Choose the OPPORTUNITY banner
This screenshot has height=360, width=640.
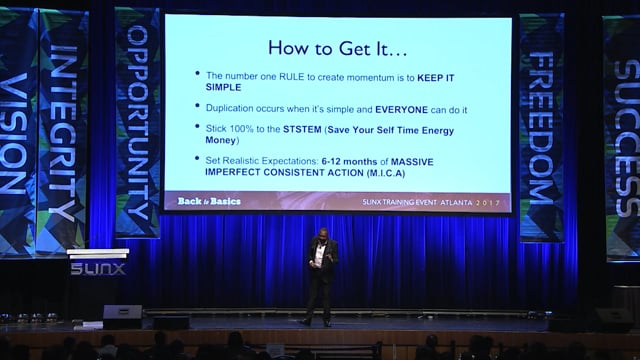pyautogui.click(x=138, y=120)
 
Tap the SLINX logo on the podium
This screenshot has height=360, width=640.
pyautogui.click(x=98, y=269)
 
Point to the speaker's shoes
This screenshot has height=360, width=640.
pyautogui.click(x=315, y=321)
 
